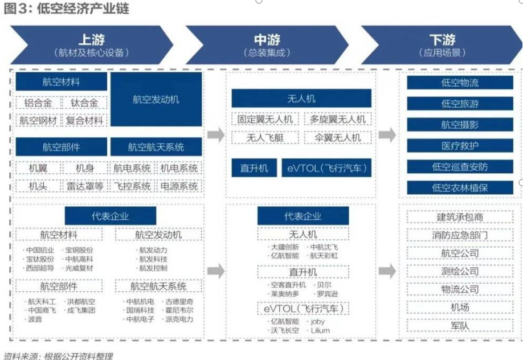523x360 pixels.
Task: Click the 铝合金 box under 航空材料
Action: pyautogui.click(x=39, y=103)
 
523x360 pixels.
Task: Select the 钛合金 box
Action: pyautogui.click(x=84, y=103)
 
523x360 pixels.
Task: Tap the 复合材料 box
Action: pyautogui.click(x=84, y=120)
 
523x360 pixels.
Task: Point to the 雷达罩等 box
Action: pyautogui.click(x=84, y=186)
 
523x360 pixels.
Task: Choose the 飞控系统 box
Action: pyautogui.click(x=132, y=186)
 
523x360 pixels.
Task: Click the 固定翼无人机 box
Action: pyautogui.click(x=265, y=120)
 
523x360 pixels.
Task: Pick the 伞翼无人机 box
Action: pyautogui.click(x=337, y=137)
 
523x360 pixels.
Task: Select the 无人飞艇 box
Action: pyautogui.click(x=265, y=137)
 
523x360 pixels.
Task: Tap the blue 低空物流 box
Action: pyautogui.click(x=460, y=83)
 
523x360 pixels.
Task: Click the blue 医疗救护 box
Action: pyautogui.click(x=460, y=146)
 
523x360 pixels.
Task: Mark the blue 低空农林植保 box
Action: pyautogui.click(x=460, y=188)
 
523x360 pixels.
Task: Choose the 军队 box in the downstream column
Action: pyautogui.click(x=460, y=326)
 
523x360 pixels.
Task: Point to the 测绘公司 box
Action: pyautogui.click(x=460, y=271)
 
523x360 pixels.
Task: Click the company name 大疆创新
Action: pyautogui.click(x=284, y=248)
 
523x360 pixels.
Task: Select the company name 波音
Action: pyautogui.click(x=35, y=320)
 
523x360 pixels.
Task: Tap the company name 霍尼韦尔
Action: pyautogui.click(x=179, y=310)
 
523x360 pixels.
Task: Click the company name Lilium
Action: pyautogui.click(x=320, y=330)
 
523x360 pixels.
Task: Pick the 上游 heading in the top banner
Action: pyautogui.click(x=91, y=40)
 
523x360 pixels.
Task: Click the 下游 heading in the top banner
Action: pyautogui.click(x=442, y=40)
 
